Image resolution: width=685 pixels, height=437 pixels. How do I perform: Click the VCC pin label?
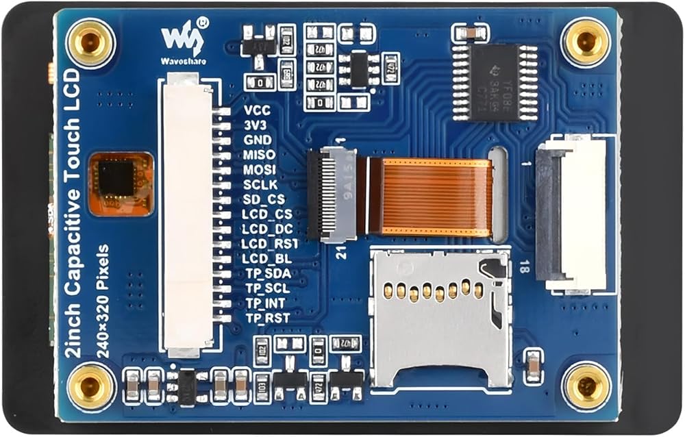[x=257, y=110]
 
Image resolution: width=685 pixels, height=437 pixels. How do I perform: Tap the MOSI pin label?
[x=260, y=169]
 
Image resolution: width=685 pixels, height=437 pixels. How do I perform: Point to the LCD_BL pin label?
[x=266, y=258]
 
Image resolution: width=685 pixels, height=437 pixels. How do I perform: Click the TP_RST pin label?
[x=267, y=318]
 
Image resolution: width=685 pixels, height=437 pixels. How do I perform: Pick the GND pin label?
[x=258, y=140]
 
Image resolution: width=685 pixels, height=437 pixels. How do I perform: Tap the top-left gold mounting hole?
[x=90, y=42]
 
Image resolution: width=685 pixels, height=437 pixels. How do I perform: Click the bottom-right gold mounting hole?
[x=586, y=387]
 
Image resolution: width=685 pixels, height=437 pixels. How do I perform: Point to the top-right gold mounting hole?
[x=586, y=42]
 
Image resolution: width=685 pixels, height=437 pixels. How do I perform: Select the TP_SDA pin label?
[x=267, y=273]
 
